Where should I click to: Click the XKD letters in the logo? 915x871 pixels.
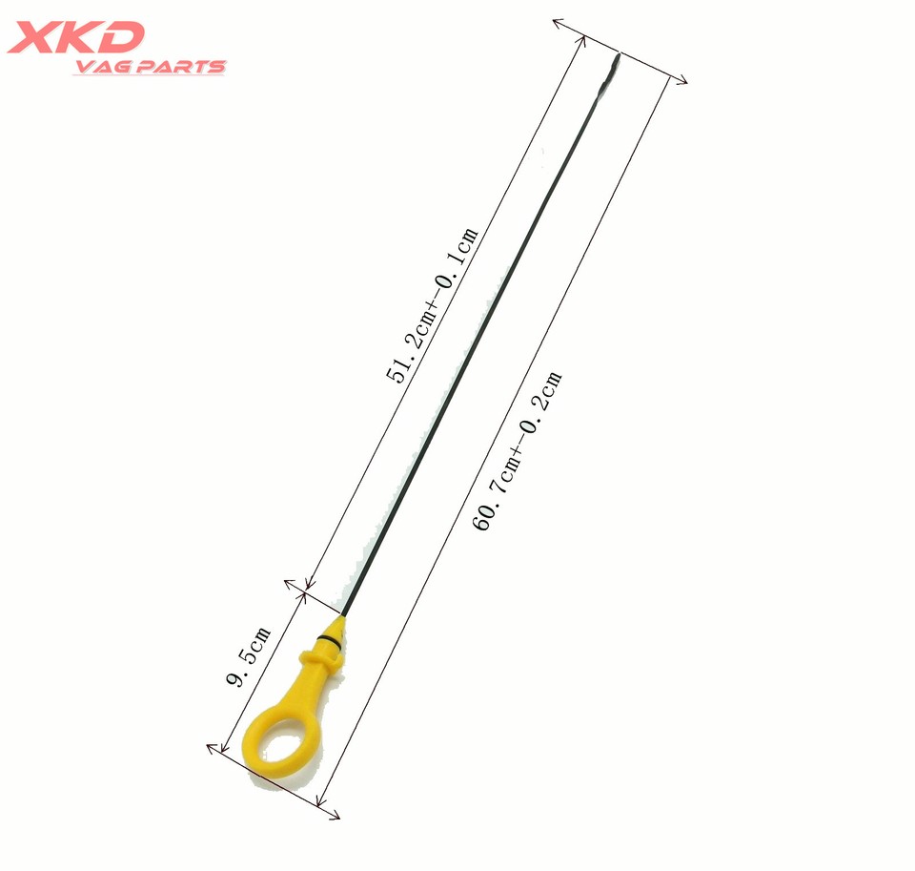tap(75, 37)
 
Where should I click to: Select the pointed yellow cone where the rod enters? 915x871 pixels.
tap(341, 623)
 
